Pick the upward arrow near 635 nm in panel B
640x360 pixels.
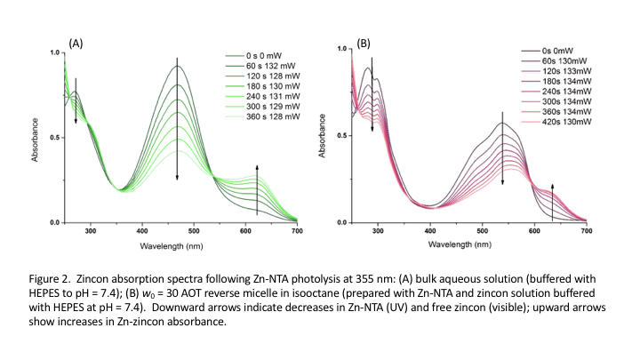[553, 201]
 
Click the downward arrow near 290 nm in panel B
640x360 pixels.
[372, 89]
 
